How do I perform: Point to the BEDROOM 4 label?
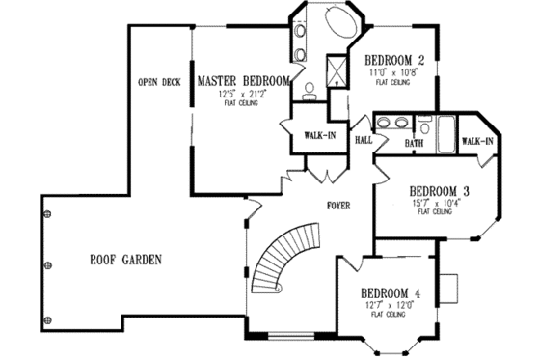391,293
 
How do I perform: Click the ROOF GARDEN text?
125,260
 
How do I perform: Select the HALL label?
364,140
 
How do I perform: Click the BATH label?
414,144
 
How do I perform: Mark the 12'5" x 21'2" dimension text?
242,95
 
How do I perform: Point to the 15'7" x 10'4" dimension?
436,204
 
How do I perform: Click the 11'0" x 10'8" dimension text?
394,72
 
